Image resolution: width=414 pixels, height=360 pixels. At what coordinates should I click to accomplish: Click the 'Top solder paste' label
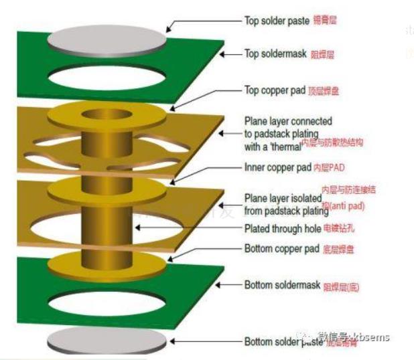pyautogui.click(x=276, y=20)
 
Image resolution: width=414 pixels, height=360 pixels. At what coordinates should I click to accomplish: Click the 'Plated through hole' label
pyautogui.click(x=283, y=229)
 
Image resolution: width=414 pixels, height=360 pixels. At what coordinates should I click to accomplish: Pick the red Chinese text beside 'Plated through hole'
pyautogui.click(x=341, y=229)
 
